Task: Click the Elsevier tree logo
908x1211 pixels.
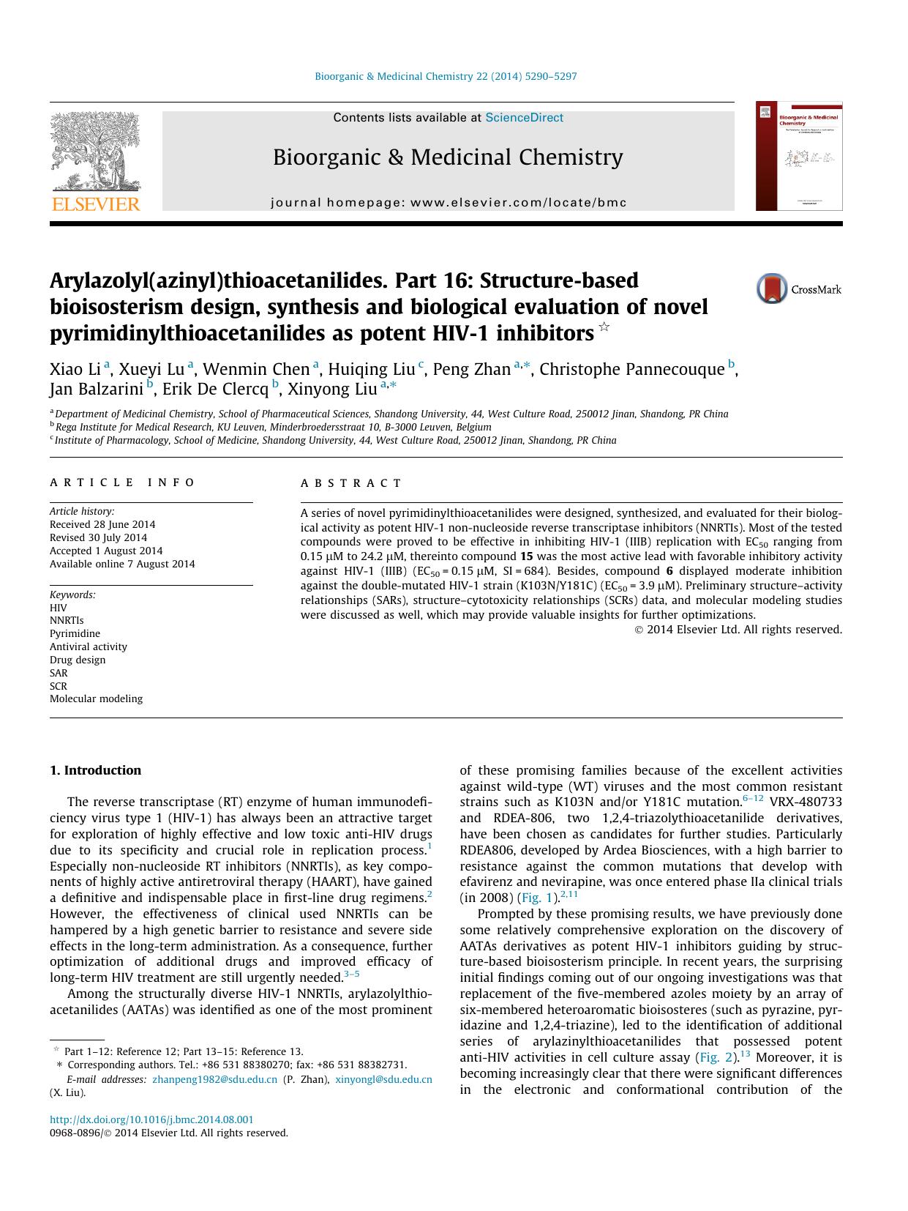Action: pos(95,154)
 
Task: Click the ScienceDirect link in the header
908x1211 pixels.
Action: pos(524,117)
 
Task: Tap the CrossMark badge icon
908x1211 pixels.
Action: pos(772,288)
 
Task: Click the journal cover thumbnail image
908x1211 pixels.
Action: pos(799,156)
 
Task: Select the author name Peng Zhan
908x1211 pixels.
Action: pos(471,369)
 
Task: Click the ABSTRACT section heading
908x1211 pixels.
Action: pos(351,483)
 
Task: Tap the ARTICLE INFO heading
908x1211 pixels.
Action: pos(122,482)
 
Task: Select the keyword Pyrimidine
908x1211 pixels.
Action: pos(75,633)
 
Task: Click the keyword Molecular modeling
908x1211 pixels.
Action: pos(96,698)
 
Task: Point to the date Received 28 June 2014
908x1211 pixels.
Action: pos(102,524)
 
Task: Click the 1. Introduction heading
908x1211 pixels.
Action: pos(95,770)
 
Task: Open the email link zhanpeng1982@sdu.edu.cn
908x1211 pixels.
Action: pos(214,1079)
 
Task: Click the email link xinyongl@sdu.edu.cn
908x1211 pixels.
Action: pos(383,1079)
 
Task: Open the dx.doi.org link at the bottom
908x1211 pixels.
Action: pos(151,1119)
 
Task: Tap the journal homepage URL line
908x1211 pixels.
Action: pos(449,203)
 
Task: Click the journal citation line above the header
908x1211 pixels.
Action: pos(446,76)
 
